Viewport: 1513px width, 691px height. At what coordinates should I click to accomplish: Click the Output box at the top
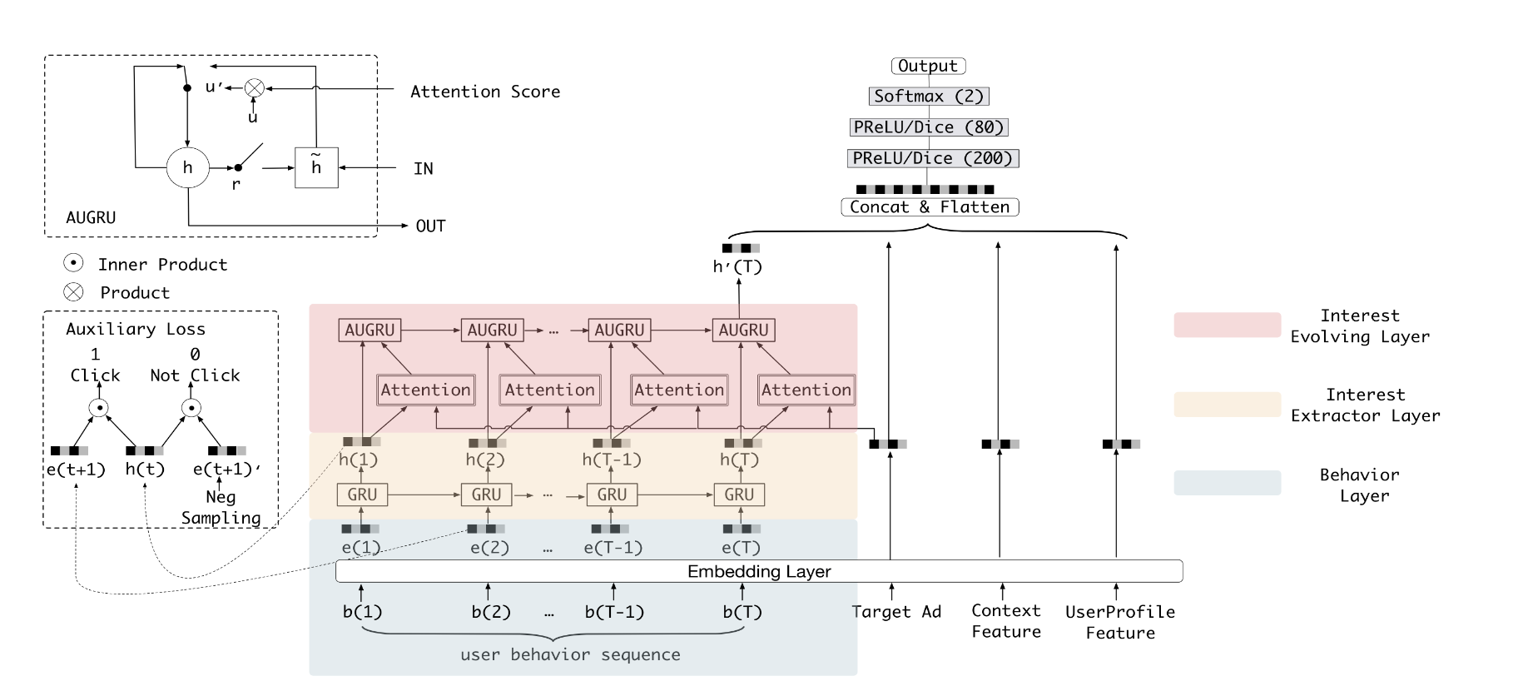click(928, 66)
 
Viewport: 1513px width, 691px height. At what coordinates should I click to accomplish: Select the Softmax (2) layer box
click(929, 97)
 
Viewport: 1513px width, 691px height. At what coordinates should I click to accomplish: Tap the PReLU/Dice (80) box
click(929, 127)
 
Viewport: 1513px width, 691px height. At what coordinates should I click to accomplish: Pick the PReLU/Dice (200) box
click(932, 158)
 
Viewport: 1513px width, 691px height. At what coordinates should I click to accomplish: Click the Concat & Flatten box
click(930, 207)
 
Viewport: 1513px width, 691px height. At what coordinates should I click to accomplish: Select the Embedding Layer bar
click(759, 571)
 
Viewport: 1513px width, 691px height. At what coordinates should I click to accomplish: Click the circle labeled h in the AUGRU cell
click(188, 167)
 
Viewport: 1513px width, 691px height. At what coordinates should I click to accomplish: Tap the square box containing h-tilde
click(316, 167)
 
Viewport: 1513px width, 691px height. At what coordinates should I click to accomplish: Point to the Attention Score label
click(485, 92)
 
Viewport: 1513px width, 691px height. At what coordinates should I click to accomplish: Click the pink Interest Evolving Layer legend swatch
click(1227, 325)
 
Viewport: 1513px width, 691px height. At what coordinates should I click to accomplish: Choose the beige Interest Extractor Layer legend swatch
click(1227, 405)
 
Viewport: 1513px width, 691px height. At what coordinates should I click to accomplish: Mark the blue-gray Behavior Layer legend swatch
click(1227, 483)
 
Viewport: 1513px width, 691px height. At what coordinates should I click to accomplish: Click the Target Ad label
click(896, 612)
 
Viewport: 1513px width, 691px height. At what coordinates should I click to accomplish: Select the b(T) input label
click(742, 612)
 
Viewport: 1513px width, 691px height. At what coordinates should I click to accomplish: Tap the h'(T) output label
click(737, 266)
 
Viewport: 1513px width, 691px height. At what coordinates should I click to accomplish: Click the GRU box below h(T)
click(739, 495)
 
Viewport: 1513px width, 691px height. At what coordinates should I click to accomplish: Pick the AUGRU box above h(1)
click(370, 330)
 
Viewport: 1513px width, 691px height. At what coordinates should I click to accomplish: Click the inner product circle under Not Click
click(191, 408)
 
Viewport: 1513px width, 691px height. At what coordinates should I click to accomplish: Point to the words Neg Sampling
click(221, 507)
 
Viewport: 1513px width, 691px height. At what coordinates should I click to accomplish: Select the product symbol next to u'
click(254, 87)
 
